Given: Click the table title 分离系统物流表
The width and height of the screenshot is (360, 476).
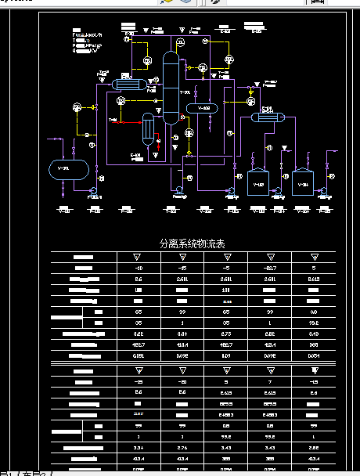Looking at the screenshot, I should click(192, 244).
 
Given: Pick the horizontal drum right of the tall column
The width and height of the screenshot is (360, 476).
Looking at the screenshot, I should click(205, 107).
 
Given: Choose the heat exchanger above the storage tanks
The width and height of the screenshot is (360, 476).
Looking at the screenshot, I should click(266, 117).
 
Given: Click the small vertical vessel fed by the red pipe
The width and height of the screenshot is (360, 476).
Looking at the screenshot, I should click(147, 130).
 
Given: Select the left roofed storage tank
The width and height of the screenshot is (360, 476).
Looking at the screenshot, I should click(258, 182).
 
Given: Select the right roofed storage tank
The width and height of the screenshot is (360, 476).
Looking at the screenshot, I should click(303, 182).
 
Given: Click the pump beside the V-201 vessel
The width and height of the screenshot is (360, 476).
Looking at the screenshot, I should click(92, 190).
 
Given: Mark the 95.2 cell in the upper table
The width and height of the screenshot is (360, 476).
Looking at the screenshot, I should click(314, 322).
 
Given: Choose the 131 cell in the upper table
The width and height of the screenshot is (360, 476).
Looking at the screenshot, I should click(227, 289).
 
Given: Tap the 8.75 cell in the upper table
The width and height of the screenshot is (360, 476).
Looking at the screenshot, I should click(227, 333).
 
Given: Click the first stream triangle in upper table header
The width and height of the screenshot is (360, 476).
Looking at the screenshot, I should click(139, 257).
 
